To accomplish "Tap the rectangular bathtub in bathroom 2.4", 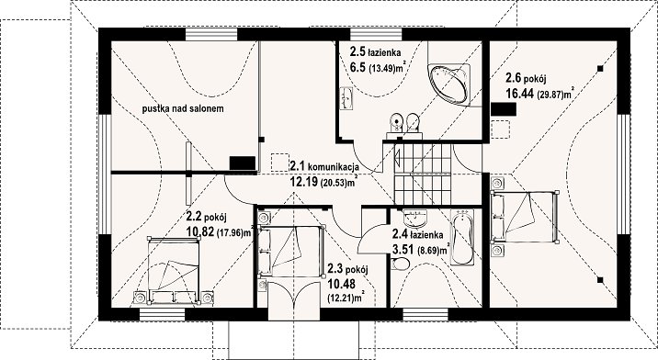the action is [x=462, y=237].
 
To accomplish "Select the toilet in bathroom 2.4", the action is [x=401, y=264].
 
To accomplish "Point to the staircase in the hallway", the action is [x=423, y=174].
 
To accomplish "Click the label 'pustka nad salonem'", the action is [x=183, y=108].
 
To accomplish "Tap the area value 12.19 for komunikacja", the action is [x=304, y=182].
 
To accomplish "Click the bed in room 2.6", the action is [x=525, y=217].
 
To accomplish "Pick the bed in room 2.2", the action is [x=173, y=269].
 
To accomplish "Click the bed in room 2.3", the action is [x=291, y=251].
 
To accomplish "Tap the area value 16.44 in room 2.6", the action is [x=519, y=94].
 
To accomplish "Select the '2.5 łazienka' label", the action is [x=375, y=52].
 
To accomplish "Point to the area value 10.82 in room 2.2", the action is [x=199, y=231].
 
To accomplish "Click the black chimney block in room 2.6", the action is [x=504, y=109].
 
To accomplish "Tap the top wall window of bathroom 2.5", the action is [x=375, y=34].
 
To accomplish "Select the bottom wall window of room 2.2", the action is [x=162, y=314].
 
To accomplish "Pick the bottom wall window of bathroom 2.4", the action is [x=425, y=314].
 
